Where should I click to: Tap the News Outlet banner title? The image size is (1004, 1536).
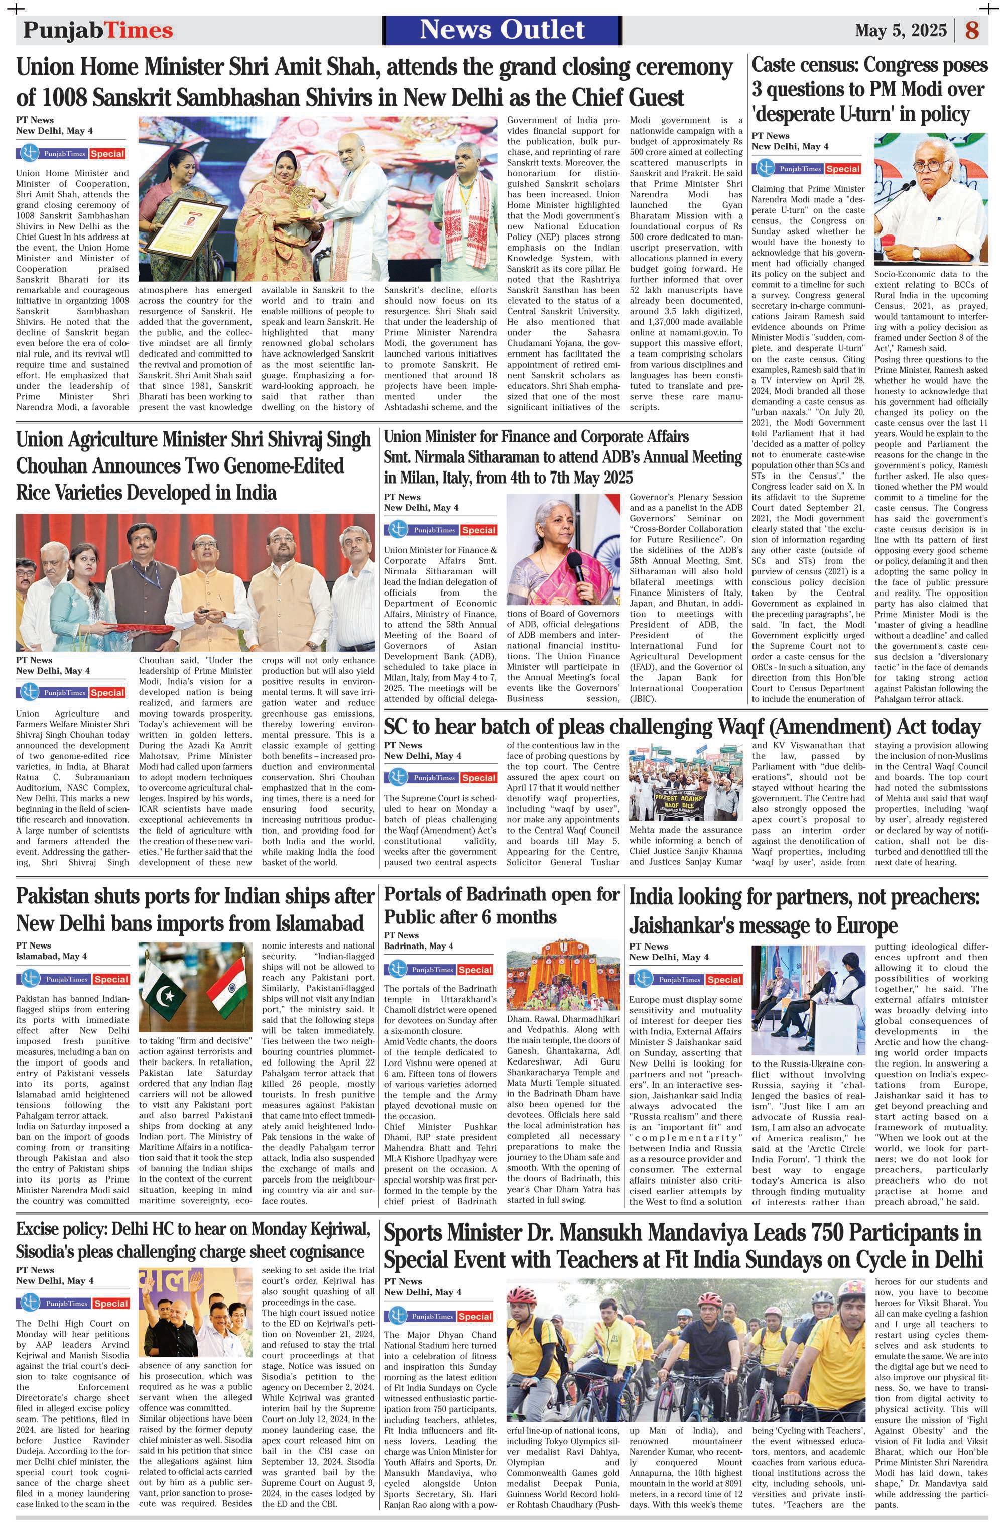[502, 30]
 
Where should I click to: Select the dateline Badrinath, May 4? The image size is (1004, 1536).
[418, 946]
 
